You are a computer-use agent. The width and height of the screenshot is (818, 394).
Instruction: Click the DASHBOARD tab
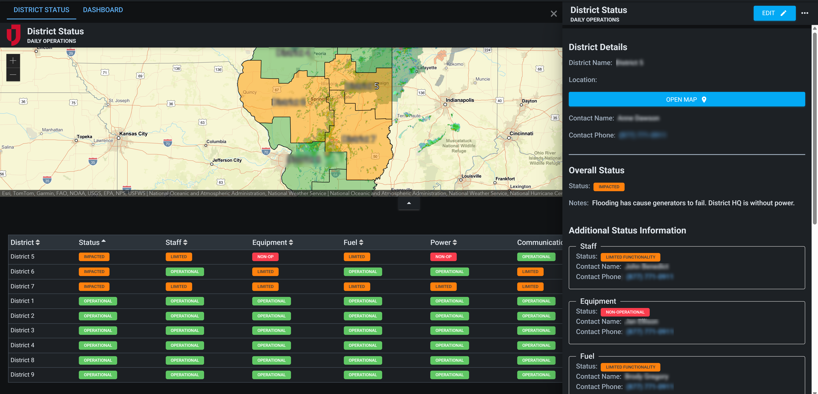click(103, 10)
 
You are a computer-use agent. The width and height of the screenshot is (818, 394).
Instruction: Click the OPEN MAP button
click(687, 99)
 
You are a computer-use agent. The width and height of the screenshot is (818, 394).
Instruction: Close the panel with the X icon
click(554, 14)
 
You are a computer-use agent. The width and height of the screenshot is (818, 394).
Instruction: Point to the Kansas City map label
click(133, 134)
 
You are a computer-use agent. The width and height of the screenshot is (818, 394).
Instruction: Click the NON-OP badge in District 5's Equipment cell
click(265, 257)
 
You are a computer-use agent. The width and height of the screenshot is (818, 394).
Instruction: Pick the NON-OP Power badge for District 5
click(443, 257)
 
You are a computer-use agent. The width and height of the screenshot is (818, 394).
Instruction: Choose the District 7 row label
click(22, 286)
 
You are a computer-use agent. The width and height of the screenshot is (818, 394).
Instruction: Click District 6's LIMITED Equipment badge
click(265, 272)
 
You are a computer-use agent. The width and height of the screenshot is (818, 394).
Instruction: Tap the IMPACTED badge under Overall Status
click(609, 187)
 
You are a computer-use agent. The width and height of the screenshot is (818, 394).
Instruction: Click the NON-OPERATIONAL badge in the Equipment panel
click(625, 312)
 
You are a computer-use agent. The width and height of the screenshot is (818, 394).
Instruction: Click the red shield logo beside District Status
click(14, 35)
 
